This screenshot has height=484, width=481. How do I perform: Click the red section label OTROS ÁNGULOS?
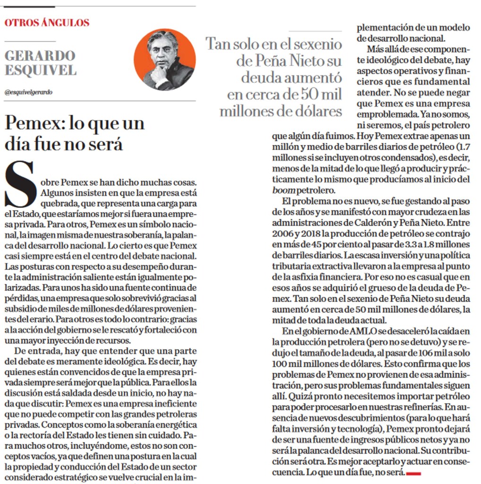pyautogui.click(x=47, y=22)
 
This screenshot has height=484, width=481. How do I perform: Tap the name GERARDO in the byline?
pyautogui.click(x=40, y=55)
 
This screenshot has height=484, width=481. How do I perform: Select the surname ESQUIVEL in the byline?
pyautogui.click(x=40, y=70)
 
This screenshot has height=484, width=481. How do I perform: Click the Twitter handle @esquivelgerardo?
pyautogui.click(x=28, y=92)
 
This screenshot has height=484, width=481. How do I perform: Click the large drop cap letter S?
pyautogui.click(x=20, y=184)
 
